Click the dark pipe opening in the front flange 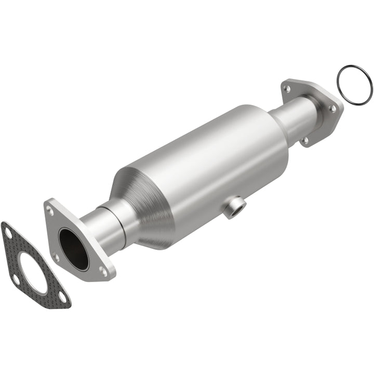click(x=73, y=248)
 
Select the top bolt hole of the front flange click(x=50, y=210)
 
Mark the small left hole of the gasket click(x=16, y=279)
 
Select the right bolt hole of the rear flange click(x=332, y=109)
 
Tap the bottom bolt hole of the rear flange click(x=306, y=140)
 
